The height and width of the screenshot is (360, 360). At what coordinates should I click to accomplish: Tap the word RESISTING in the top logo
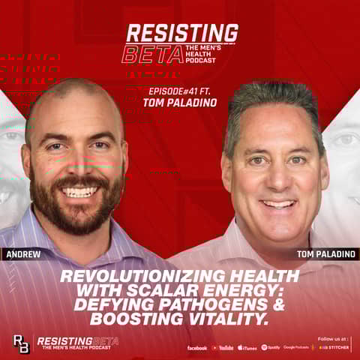pos(182,33)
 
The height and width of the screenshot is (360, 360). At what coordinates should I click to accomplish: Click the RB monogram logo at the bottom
pos(21,343)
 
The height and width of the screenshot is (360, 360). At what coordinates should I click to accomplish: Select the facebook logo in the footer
pos(197,347)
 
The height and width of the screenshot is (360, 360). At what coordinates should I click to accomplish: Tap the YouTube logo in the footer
pos(223,347)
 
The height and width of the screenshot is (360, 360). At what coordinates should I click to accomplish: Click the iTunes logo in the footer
pos(247,347)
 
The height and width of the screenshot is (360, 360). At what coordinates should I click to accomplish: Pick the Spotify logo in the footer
pos(270,347)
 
